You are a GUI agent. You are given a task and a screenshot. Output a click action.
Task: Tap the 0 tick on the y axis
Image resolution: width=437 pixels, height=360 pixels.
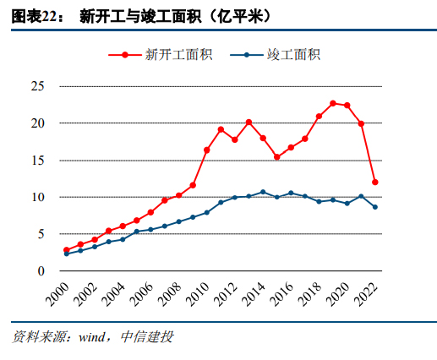40,271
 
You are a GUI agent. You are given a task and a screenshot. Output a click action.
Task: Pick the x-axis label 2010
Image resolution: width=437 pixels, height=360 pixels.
199,296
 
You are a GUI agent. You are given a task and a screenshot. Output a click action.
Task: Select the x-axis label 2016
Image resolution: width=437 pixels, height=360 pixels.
284,296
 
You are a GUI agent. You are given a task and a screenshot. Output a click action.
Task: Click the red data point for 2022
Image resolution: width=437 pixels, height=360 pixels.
374,183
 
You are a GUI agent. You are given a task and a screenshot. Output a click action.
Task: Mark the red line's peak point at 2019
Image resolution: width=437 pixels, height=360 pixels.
333,103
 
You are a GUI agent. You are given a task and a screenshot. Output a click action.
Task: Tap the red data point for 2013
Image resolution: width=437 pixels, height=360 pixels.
249,123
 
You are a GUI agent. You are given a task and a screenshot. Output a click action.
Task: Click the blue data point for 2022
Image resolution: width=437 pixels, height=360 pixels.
374,207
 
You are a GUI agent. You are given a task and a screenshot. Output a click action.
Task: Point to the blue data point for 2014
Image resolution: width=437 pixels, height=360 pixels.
263,192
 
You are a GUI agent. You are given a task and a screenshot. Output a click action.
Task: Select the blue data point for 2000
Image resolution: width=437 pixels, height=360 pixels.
66,254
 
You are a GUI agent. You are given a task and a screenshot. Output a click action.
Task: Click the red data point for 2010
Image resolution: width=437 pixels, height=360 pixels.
207,150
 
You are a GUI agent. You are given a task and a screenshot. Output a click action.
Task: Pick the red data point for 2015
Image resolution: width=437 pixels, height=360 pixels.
276,157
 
